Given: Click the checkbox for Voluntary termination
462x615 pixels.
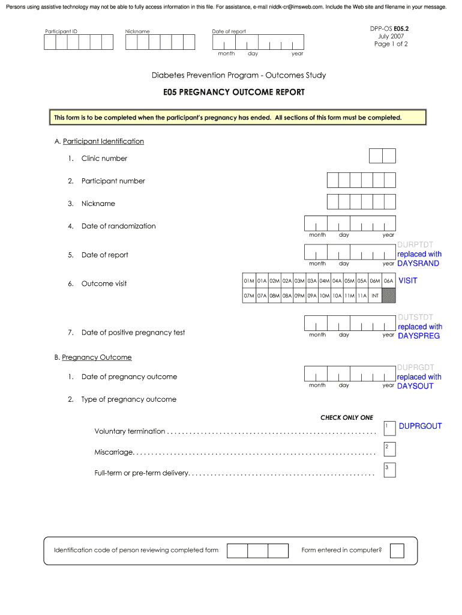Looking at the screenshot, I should [x=389, y=429].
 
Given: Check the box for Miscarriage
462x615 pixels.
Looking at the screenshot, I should [x=389, y=449].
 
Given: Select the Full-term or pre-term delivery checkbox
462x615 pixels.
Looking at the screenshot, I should [x=389, y=470].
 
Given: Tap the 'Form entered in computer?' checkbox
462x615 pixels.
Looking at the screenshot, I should [x=397, y=550].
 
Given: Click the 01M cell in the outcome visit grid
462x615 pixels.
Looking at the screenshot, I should [x=249, y=280].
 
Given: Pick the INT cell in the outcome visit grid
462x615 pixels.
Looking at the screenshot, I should [x=375, y=295].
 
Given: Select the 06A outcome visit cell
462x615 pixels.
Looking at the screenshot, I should [x=389, y=280].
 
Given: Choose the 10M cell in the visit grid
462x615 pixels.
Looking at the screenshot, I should [x=325, y=295].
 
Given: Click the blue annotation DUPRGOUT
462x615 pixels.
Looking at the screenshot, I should [x=420, y=426].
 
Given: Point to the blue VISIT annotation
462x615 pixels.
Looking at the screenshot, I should [x=408, y=280].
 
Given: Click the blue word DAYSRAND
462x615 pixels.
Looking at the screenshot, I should [x=418, y=263].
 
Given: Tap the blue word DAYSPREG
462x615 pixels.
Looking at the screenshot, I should [x=419, y=335].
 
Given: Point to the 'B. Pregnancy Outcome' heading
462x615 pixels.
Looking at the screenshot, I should [x=93, y=357].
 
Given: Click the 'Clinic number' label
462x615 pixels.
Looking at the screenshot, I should [x=104, y=159].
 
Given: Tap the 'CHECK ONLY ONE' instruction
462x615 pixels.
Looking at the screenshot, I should [x=347, y=417].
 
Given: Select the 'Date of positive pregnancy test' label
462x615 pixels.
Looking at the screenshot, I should [x=133, y=333].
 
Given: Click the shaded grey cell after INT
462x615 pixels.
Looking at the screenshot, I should [x=389, y=295].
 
